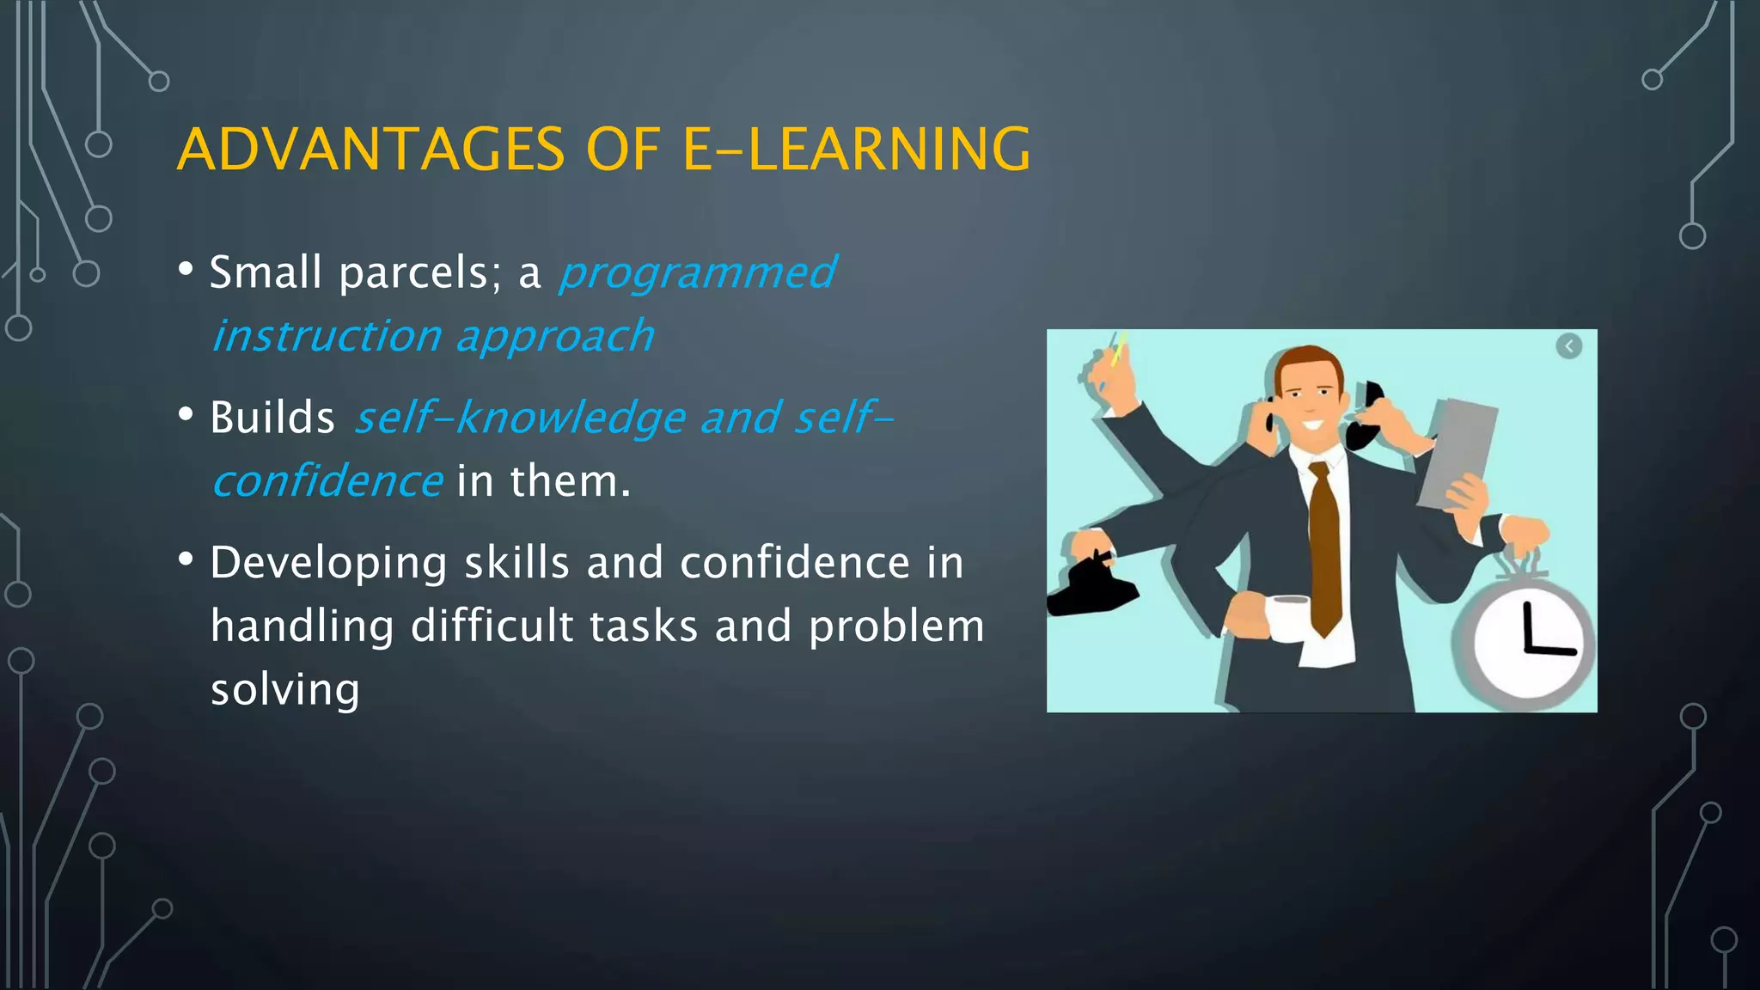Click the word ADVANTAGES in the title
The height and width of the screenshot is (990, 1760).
[x=370, y=150]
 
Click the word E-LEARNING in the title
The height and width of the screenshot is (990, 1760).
[x=856, y=150]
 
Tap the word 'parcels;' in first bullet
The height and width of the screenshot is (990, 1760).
[x=420, y=273]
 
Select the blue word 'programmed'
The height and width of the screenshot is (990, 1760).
[x=697, y=273]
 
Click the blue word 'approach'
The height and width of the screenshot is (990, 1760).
[x=555, y=337]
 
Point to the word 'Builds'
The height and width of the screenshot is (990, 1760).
[x=272, y=419]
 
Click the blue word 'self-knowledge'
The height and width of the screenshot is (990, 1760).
[x=521, y=419]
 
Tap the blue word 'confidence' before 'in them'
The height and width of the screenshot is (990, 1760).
[x=327, y=481]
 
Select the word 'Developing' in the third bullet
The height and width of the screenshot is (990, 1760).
[x=328, y=565]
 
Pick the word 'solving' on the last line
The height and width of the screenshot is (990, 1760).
[x=285, y=690]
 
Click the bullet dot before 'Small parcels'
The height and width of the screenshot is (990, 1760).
[x=186, y=270]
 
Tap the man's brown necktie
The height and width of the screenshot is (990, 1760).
[x=1324, y=550]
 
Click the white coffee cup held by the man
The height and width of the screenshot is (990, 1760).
[x=1286, y=618]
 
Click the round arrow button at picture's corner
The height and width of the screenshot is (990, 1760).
[x=1568, y=346]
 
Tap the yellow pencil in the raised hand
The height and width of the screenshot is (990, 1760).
[x=1118, y=350]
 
